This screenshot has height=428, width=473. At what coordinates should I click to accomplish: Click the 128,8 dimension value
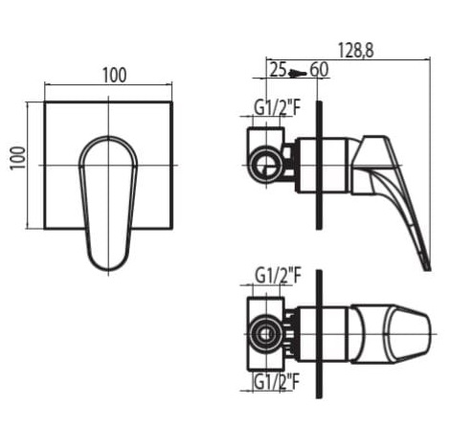(x=355, y=50)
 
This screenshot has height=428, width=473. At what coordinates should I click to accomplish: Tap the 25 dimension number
(x=279, y=69)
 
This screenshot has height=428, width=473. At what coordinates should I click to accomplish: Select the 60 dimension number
(x=319, y=69)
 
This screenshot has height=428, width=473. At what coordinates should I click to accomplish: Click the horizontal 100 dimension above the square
(x=115, y=76)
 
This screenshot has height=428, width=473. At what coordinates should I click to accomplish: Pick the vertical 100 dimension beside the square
(x=18, y=158)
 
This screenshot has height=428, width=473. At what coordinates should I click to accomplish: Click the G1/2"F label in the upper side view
(x=278, y=108)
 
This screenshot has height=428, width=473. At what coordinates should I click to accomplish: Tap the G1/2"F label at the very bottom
(x=277, y=381)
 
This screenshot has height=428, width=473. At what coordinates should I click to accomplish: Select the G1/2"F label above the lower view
(x=278, y=276)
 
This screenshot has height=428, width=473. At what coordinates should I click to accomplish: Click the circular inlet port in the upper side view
(x=266, y=165)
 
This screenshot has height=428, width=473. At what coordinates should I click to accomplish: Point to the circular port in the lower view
(x=265, y=334)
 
